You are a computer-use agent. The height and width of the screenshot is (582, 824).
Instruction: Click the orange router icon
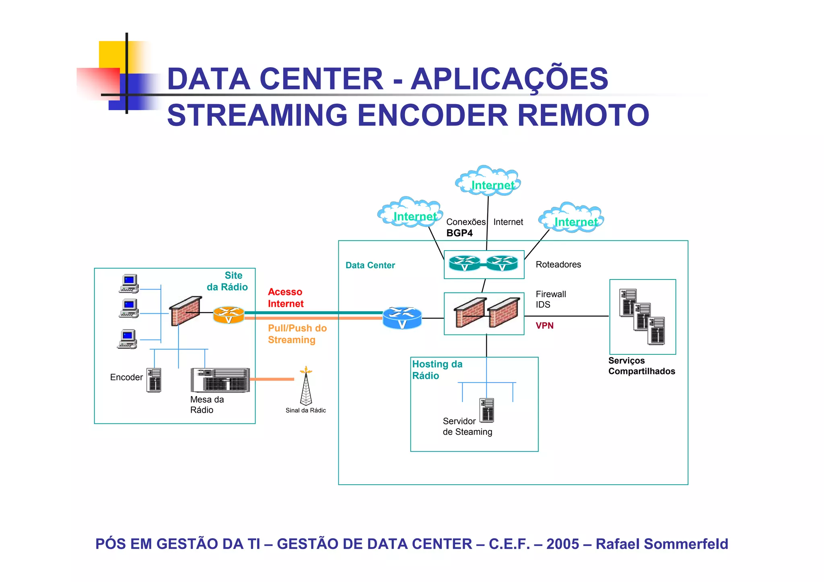[229, 315]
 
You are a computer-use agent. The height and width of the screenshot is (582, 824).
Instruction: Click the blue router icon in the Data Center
[402, 318]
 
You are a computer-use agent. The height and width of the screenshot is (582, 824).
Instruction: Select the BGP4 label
[459, 233]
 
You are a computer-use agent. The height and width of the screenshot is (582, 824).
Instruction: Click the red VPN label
[544, 325]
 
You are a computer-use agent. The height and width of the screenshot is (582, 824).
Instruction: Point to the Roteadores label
[558, 264]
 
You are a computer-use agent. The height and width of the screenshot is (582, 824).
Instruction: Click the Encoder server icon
[154, 380]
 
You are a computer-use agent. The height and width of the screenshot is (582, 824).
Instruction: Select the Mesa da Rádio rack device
[220, 380]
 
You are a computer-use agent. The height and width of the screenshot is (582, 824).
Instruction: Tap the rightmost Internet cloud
[572, 219]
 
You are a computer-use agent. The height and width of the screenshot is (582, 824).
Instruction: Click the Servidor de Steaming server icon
[487, 410]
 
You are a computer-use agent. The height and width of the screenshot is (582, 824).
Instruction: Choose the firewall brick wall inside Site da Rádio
[185, 311]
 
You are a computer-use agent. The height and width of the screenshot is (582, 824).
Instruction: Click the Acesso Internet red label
[285, 298]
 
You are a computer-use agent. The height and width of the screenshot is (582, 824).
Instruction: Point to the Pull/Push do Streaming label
[297, 334]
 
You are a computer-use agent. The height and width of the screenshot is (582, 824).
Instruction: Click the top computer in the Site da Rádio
[129, 284]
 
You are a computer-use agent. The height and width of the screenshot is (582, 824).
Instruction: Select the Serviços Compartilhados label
[641, 366]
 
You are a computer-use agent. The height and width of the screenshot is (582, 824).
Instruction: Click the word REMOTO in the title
[583, 115]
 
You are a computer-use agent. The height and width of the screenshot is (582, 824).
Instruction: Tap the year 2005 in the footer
[562, 544]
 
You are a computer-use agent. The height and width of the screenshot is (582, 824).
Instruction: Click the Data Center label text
[370, 265]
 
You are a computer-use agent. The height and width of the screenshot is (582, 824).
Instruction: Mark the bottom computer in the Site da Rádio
[128, 339]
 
